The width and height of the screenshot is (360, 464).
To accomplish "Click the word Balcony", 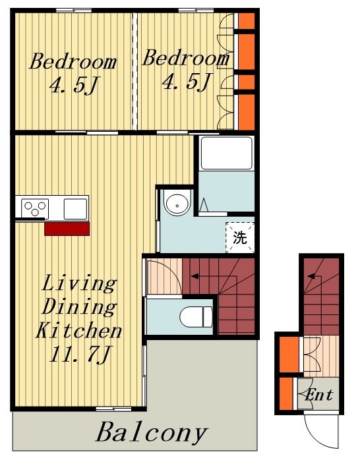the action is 151,432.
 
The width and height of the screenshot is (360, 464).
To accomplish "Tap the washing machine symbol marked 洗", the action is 240,237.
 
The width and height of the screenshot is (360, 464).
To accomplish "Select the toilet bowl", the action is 196,317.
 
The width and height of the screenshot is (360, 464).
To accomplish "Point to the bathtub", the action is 227,153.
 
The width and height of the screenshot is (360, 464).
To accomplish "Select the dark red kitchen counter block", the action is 67,229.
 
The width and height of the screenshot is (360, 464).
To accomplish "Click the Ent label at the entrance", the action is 318,394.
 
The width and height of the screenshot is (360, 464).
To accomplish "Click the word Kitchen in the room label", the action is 78,331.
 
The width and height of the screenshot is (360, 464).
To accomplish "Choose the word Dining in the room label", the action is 79,307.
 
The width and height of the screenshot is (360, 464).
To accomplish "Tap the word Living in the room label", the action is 79,284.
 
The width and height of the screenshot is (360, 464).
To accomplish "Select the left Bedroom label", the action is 73,61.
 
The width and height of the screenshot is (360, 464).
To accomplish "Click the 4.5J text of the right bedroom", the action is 187,81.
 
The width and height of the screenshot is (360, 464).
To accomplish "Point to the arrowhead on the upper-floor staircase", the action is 195,276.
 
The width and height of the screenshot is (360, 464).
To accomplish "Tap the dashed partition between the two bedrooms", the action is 135,71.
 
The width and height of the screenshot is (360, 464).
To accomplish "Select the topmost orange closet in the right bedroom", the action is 247,20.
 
